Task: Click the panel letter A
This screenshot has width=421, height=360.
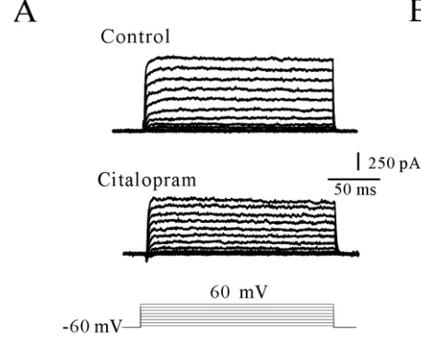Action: click(26, 12)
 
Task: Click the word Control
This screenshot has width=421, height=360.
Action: click(135, 37)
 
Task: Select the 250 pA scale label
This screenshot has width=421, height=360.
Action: click(394, 163)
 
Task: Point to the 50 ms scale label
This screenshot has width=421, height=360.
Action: click(355, 190)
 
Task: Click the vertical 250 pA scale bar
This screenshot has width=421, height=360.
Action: click(358, 161)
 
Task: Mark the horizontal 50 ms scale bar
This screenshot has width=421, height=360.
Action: click(354, 179)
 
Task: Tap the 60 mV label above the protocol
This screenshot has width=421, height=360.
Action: click(239, 292)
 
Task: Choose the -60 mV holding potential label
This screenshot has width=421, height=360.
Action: click(92, 327)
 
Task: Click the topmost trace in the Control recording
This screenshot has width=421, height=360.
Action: click(240, 58)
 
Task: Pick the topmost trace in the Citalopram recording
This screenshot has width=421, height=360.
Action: click(242, 200)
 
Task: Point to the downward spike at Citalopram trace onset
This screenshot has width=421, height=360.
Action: click(146, 259)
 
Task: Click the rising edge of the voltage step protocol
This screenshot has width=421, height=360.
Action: click(140, 316)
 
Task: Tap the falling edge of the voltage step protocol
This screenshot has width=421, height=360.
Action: click(333, 316)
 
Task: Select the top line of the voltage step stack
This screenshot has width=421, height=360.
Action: click(237, 305)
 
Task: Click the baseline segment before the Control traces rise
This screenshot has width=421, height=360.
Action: click(128, 131)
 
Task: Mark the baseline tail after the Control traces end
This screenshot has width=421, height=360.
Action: click(346, 131)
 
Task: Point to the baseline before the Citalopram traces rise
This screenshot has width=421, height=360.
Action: click(134, 254)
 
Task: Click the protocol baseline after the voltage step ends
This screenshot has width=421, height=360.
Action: click(345, 328)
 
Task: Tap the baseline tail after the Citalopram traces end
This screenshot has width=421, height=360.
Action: click(349, 254)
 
